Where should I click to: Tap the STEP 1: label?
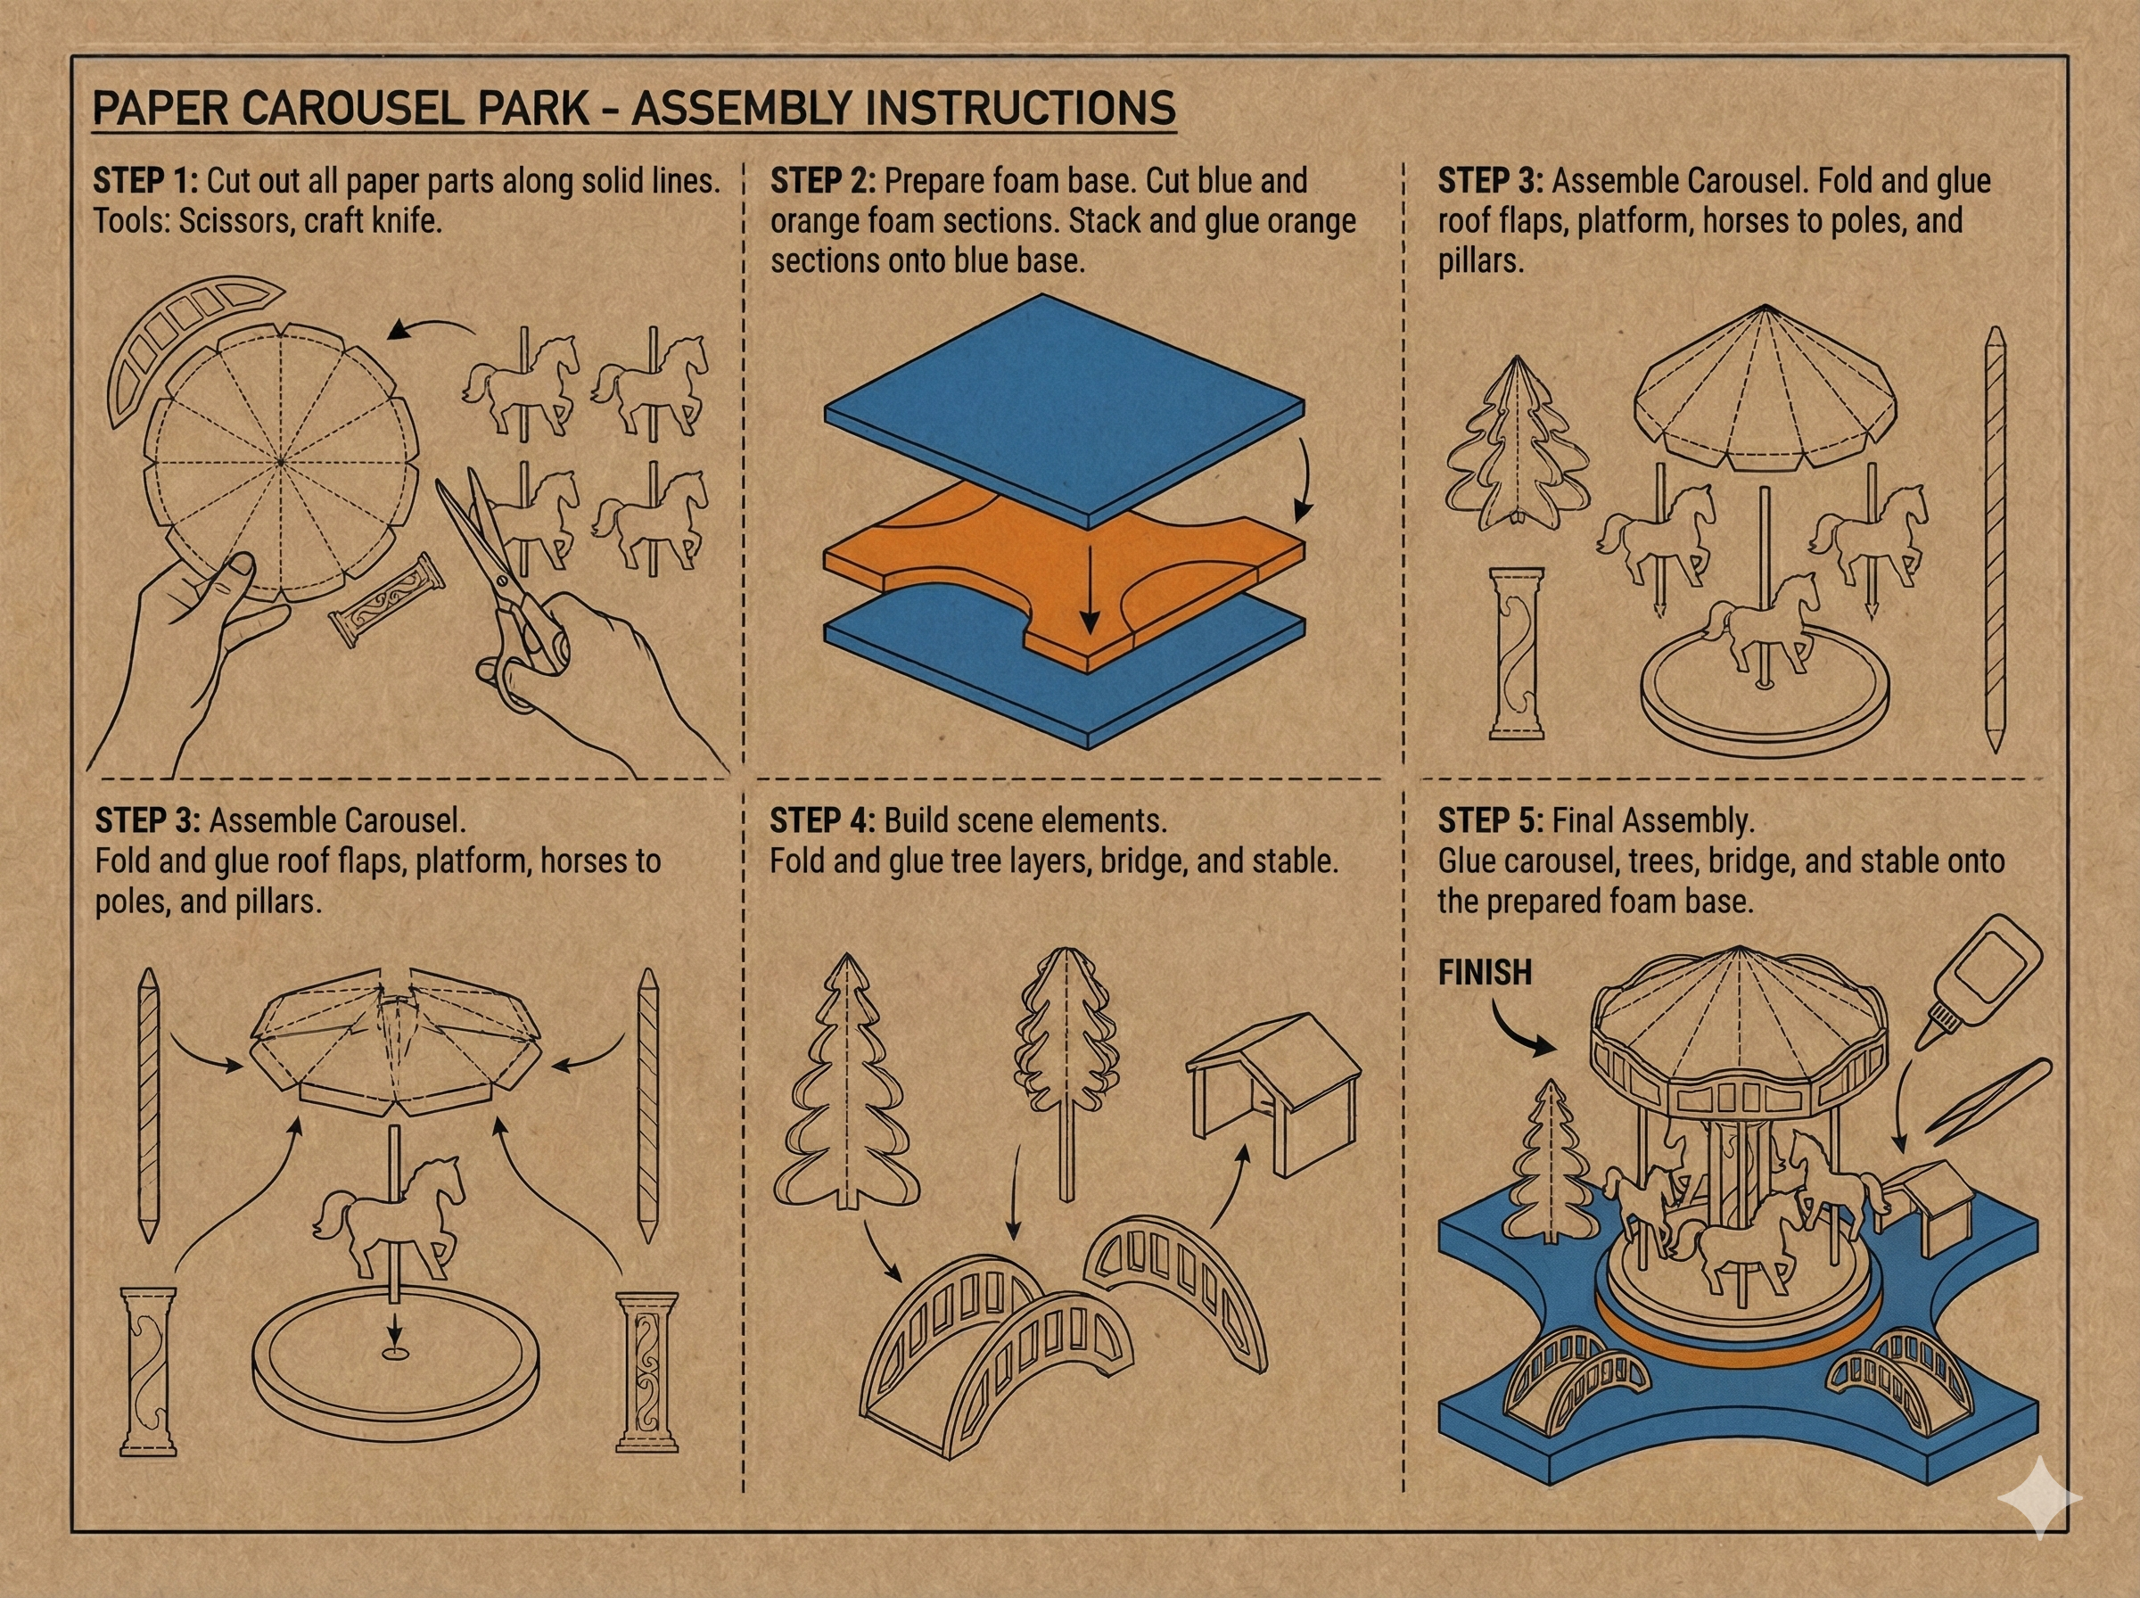tap(146, 181)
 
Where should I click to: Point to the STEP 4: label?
tap(822, 820)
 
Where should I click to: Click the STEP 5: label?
tap(1490, 820)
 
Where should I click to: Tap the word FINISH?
tap(1486, 972)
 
